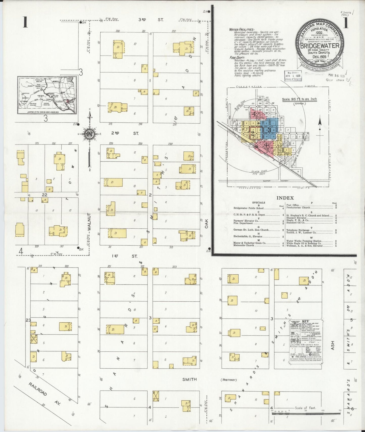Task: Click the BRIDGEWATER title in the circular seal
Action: (320, 46)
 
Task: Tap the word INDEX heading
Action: (285, 198)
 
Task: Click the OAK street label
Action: (207, 223)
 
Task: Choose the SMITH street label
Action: (189, 379)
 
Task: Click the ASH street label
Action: (332, 345)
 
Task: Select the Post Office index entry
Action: (293, 205)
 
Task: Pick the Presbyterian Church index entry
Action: (298, 208)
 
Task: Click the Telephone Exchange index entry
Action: (298, 230)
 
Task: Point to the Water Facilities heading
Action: (241, 30)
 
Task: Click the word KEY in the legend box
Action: (306, 321)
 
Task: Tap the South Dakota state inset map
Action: (47, 95)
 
